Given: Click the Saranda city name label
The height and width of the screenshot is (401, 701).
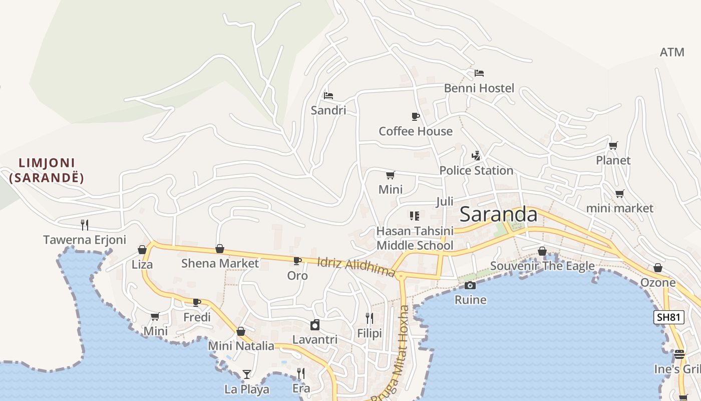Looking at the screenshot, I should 498,215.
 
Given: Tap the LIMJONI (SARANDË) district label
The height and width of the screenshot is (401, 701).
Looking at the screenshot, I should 46,170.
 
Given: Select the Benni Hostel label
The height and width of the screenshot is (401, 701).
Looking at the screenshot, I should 479,88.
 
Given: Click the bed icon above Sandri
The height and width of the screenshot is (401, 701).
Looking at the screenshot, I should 328,95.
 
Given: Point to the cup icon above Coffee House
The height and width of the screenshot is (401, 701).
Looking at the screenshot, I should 415,116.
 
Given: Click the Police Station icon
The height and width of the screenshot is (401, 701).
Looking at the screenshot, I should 476,156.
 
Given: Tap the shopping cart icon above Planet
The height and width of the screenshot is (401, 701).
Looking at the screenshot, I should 613,146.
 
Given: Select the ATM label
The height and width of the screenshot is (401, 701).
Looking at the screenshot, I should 671,52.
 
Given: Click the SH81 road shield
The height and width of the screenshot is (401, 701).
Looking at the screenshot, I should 668,317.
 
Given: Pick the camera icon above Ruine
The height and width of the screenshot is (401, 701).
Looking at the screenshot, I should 470,285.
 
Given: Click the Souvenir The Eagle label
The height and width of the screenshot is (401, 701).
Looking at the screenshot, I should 542,266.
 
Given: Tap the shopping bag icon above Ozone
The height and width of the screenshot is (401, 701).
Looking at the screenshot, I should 658,268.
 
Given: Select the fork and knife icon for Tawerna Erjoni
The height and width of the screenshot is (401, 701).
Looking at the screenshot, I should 85,225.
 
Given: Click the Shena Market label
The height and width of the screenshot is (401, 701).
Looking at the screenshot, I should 220,263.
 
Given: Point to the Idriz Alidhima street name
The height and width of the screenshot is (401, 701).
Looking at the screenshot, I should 356,266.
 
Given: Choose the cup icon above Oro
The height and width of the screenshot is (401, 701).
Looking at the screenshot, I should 297,261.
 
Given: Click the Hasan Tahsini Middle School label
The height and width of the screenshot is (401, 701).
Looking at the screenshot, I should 415,238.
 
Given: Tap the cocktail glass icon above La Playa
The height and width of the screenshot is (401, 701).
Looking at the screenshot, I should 246,374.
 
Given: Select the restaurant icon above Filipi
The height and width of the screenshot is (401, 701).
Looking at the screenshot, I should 370,318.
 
